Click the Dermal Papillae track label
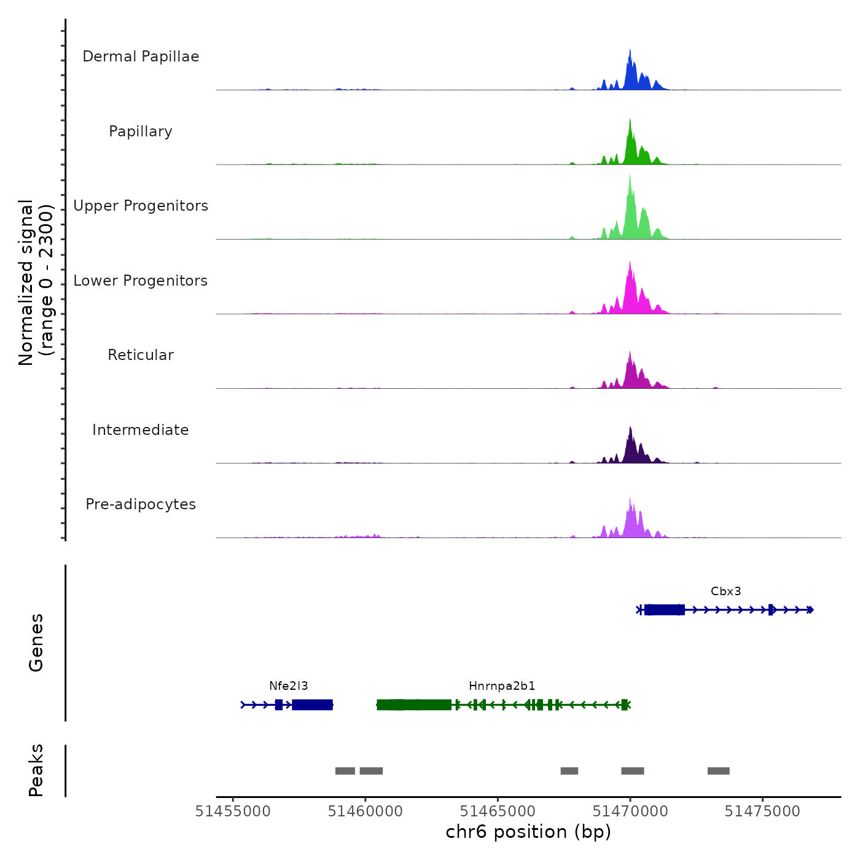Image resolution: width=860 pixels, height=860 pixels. tap(141, 57)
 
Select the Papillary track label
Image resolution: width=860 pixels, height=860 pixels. tap(141, 131)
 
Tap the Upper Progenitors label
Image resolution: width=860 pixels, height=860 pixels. tap(141, 206)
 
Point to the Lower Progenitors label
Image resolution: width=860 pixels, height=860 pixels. tap(141, 281)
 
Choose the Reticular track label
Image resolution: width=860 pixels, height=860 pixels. tap(141, 355)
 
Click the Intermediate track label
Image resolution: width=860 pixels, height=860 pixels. tap(141, 430)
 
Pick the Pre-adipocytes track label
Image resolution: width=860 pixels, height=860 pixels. tap(141, 504)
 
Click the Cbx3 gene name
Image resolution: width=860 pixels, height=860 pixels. tap(725, 592)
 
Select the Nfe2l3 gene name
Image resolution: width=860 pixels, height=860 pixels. tap(288, 686)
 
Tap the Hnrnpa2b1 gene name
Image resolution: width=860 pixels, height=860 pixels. tap(502, 686)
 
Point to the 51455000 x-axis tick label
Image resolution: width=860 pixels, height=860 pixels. tap(233, 811)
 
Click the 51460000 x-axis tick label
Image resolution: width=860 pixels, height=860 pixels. tap(365, 811)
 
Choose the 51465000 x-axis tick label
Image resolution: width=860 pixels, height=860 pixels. tap(498, 811)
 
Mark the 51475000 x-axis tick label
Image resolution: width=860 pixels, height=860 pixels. tap(762, 811)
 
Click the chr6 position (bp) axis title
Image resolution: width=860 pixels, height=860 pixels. tap(528, 832)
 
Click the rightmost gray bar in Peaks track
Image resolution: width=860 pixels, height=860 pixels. tap(718, 771)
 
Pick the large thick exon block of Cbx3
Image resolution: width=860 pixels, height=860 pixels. tap(665, 609)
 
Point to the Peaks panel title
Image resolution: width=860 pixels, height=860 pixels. tap(36, 770)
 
